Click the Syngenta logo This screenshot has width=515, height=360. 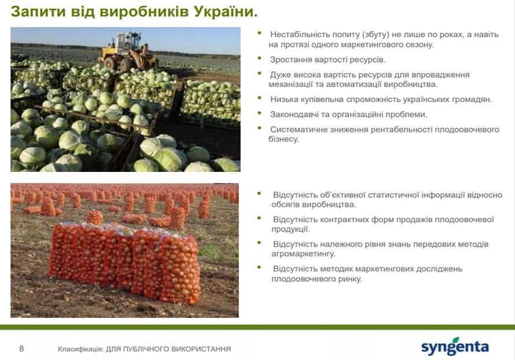[x=455, y=346]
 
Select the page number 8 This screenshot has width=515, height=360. [x=21, y=348]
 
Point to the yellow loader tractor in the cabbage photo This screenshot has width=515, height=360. [x=128, y=52]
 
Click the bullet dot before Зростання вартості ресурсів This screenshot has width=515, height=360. [x=259, y=58]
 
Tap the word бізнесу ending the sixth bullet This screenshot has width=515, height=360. [x=284, y=139]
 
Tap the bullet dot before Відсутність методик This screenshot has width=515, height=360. [x=259, y=267]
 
